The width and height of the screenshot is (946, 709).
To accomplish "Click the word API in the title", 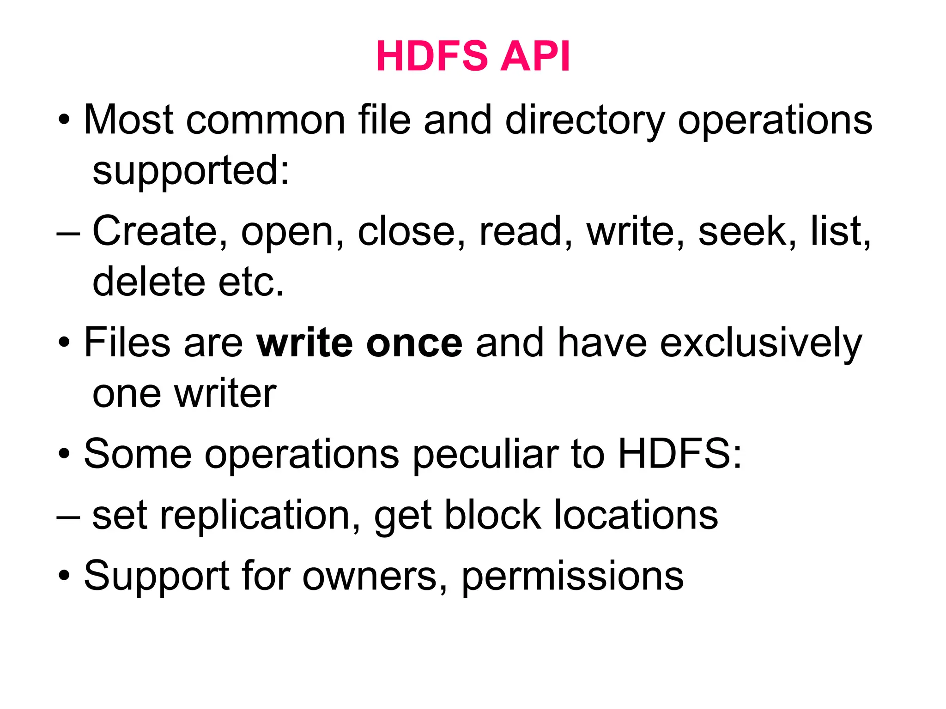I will (x=535, y=56).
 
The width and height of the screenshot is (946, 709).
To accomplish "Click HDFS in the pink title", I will (x=432, y=56).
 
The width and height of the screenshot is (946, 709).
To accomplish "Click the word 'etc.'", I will (x=251, y=282).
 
